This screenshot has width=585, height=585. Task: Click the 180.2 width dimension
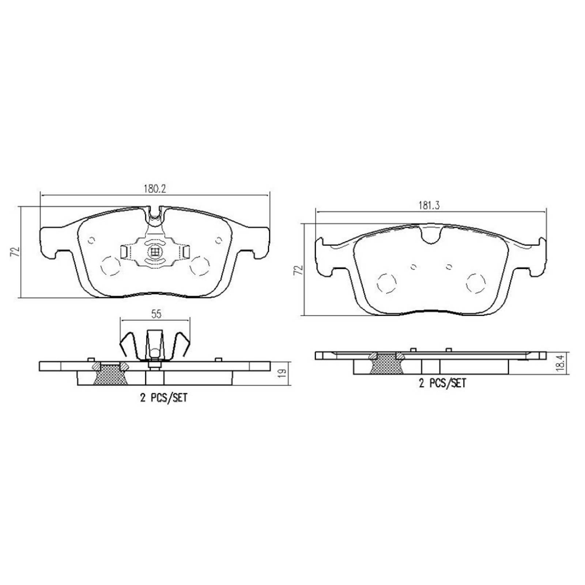pyautogui.click(x=155, y=189)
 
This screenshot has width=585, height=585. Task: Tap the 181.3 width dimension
pyautogui.click(x=429, y=206)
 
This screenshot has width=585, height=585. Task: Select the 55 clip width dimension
pyautogui.click(x=156, y=314)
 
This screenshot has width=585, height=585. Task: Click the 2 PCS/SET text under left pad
pyautogui.click(x=163, y=398)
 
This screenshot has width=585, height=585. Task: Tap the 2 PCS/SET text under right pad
pyautogui.click(x=442, y=383)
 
